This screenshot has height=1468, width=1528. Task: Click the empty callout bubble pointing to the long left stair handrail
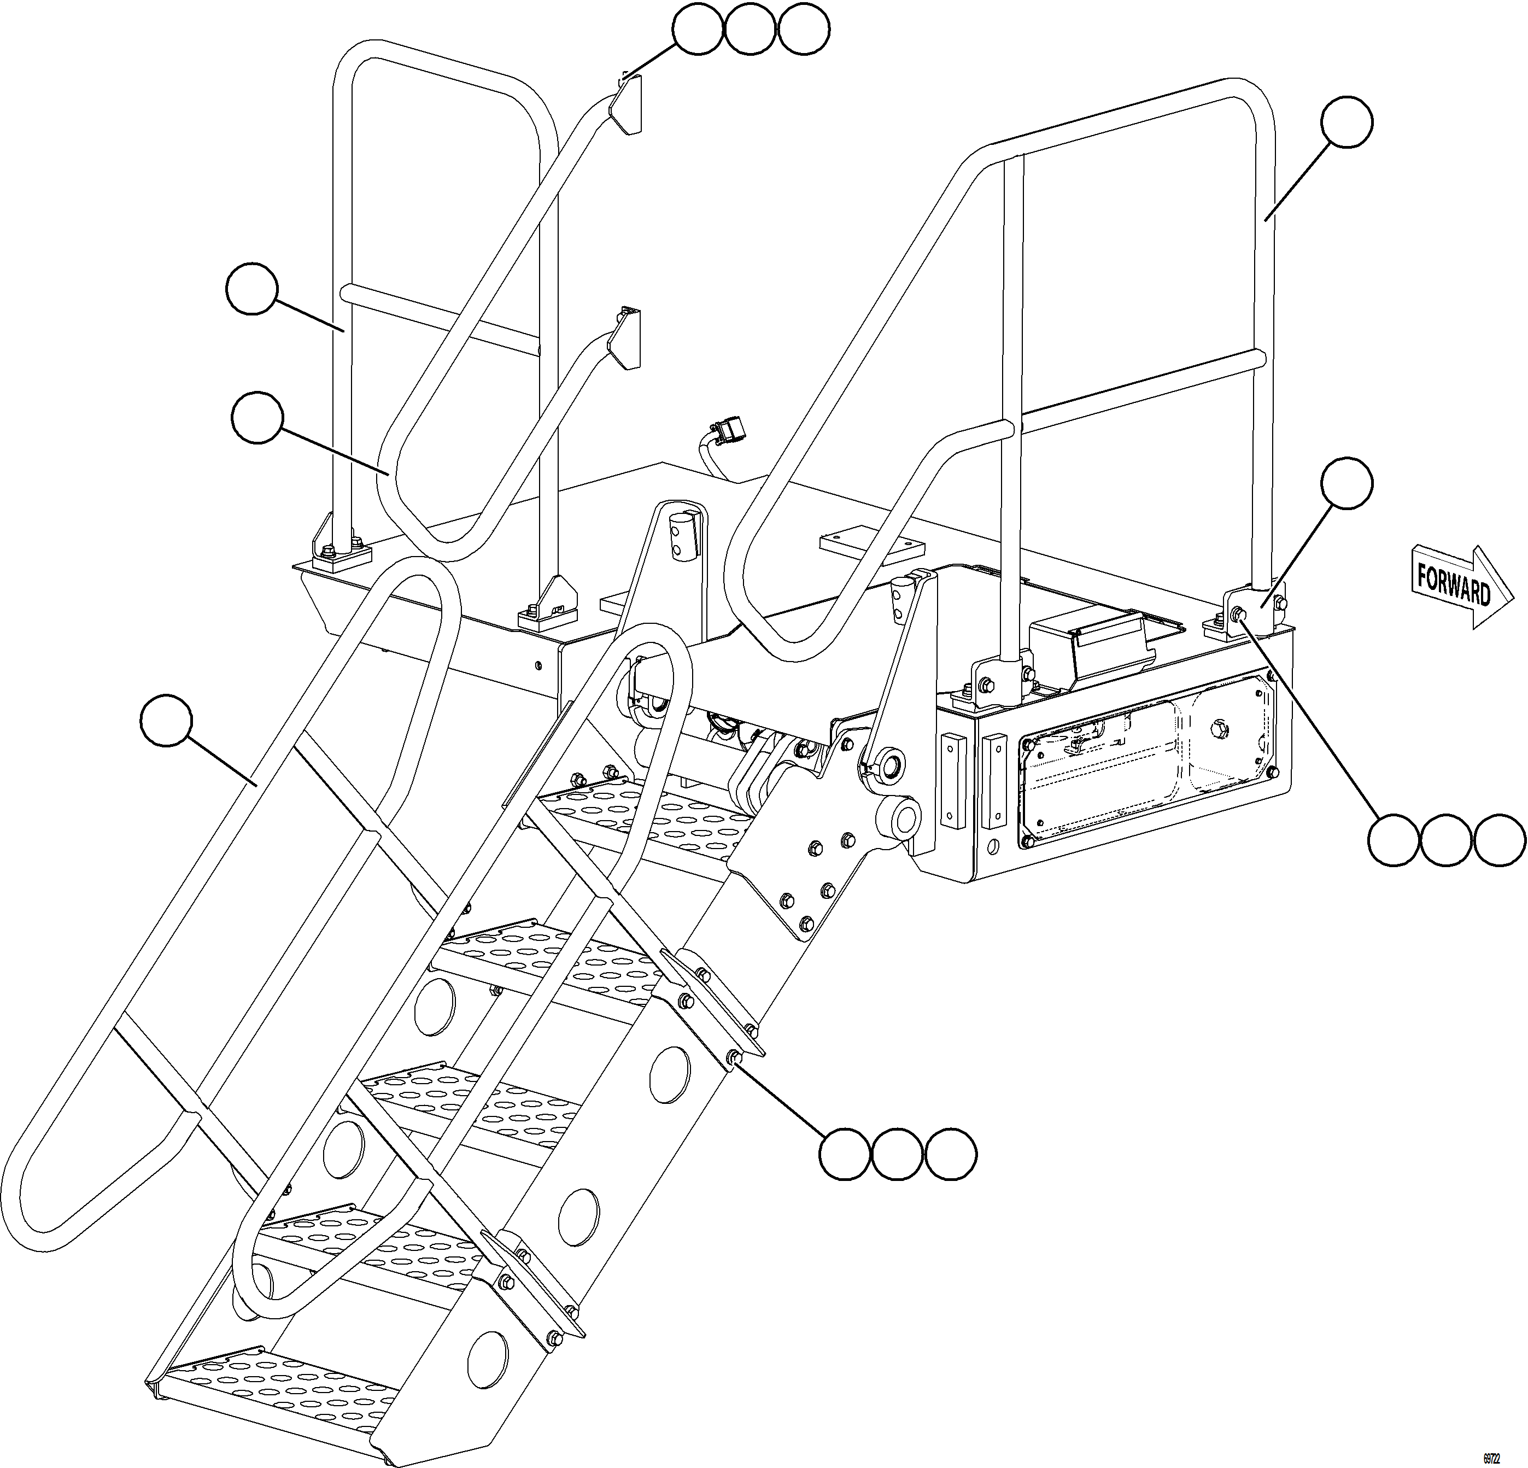click(x=166, y=721)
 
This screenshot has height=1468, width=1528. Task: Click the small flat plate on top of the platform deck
click(x=871, y=543)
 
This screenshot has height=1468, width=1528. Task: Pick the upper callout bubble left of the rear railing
click(x=251, y=289)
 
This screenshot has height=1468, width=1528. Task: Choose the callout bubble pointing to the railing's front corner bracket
click(x=1347, y=483)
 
